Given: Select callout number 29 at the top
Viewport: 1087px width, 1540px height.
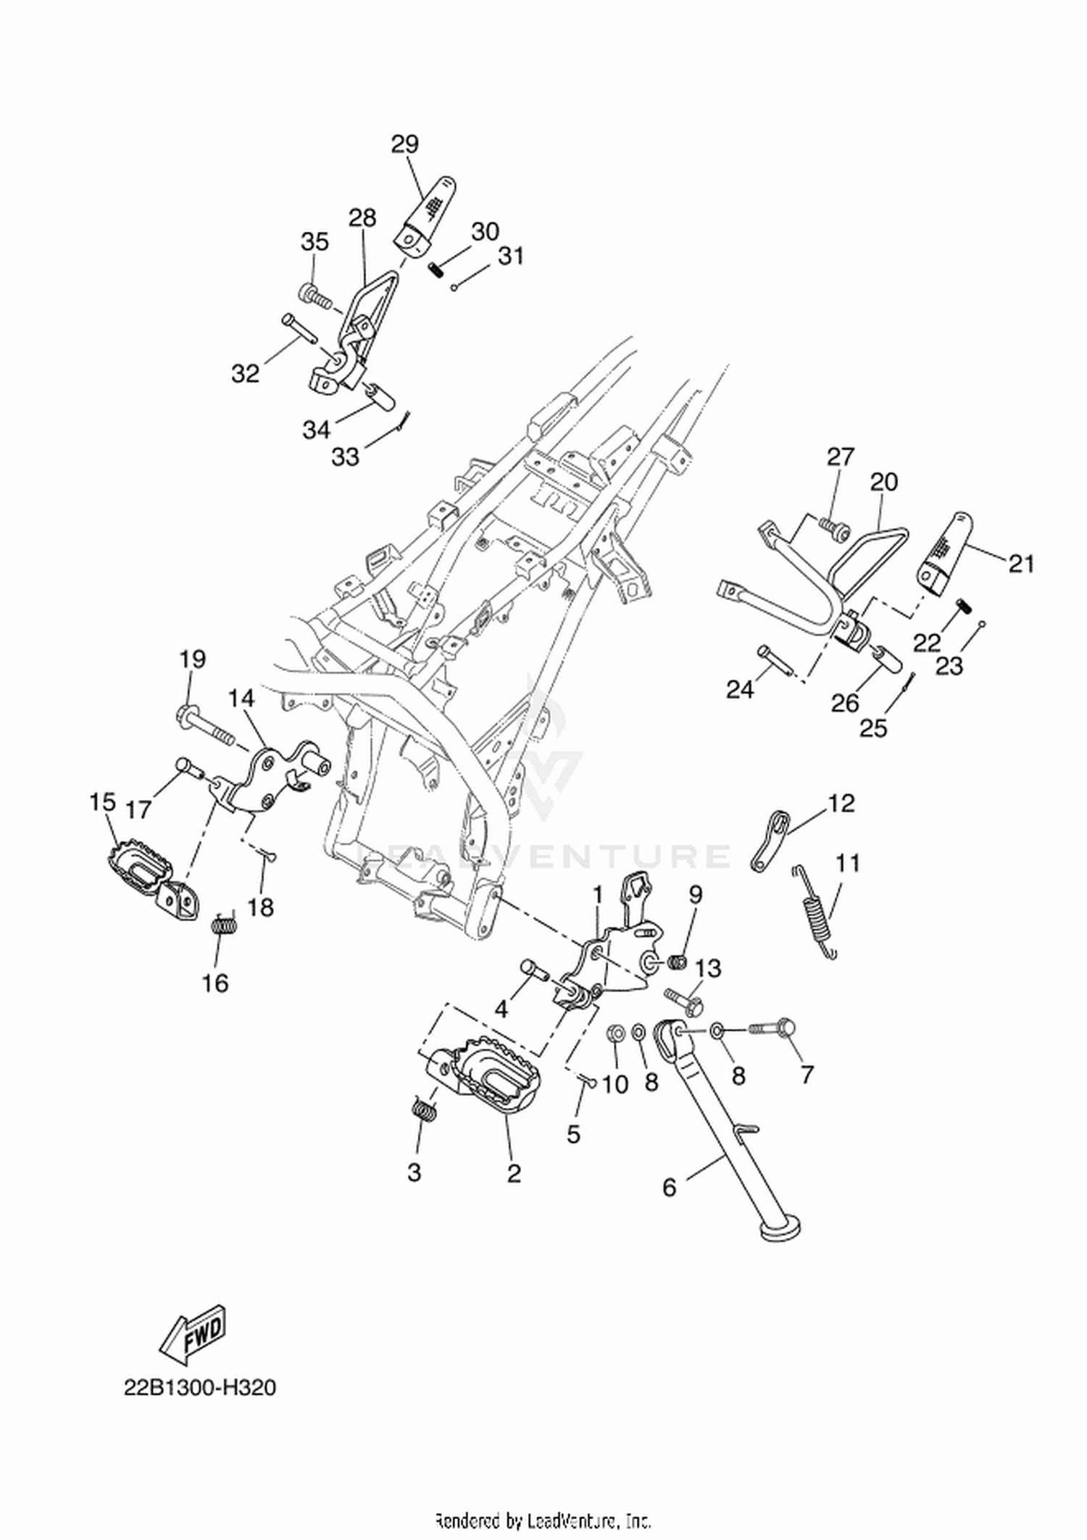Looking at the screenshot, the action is tap(405, 144).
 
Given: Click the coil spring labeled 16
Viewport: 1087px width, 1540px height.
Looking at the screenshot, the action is tap(225, 925).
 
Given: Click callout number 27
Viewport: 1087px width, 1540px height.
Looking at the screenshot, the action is tap(841, 457).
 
